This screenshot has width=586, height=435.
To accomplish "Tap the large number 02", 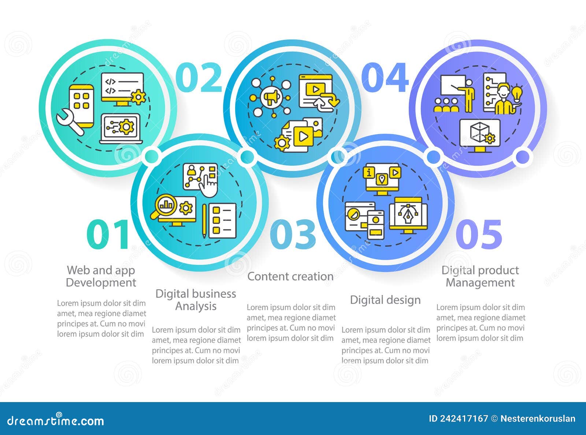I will (199, 78).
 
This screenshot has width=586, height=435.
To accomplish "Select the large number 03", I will (293, 234).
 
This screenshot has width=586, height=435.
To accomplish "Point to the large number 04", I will (385, 78).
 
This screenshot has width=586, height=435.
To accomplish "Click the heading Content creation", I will (290, 277).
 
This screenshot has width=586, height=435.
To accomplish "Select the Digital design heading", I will (385, 300).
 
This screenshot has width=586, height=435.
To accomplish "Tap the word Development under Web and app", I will (101, 283).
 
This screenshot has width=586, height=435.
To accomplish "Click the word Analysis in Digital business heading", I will (196, 306).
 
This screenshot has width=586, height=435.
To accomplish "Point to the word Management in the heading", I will (480, 283).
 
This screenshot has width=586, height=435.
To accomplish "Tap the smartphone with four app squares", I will (82, 104).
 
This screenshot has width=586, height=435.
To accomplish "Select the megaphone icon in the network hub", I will (271, 97).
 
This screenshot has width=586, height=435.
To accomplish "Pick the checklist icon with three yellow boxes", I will (222, 220).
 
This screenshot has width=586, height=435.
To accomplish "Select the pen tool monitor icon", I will (408, 215).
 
